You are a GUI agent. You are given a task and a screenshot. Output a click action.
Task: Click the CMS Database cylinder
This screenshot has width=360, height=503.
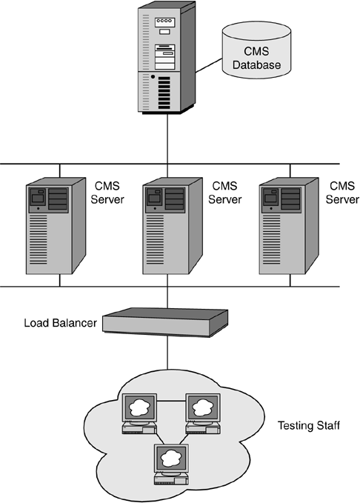click(x=256, y=50)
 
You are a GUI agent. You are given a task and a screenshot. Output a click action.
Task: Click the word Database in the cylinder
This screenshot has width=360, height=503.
click(x=257, y=64)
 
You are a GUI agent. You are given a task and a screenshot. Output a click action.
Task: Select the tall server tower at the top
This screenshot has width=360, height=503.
click(x=167, y=58)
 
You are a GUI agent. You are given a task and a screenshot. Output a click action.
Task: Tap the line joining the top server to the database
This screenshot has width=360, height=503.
click(x=209, y=65)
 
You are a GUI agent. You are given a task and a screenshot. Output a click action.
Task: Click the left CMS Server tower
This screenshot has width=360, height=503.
click(x=56, y=226)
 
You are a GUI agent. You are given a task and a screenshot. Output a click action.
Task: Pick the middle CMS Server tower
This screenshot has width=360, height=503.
click(x=173, y=226)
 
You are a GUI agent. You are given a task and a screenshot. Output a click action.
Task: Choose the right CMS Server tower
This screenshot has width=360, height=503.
click(x=289, y=226)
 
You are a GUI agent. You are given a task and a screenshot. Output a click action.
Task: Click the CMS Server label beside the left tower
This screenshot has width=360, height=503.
click(x=107, y=193)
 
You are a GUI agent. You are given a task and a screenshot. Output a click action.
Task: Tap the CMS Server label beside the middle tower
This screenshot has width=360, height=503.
click(x=224, y=193)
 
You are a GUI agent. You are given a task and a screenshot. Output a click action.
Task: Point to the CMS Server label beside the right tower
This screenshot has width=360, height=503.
click(x=342, y=193)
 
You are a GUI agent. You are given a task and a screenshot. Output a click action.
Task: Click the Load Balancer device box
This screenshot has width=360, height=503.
click(x=165, y=322)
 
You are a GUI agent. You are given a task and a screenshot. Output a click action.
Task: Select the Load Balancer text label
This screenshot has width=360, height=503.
click(x=60, y=323)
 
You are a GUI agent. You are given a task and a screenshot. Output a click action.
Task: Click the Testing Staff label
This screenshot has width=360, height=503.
click(x=308, y=426)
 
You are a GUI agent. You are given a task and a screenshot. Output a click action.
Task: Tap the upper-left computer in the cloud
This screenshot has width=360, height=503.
click(x=139, y=414)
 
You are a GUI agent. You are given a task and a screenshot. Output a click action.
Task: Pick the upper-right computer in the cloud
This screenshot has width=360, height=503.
click(x=203, y=414)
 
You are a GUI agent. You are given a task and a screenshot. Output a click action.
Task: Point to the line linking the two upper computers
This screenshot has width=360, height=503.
click(x=171, y=400)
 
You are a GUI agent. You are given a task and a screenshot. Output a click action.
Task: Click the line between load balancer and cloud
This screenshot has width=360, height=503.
click(x=167, y=353)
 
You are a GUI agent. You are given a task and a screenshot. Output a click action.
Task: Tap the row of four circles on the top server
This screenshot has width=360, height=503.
click(x=164, y=21)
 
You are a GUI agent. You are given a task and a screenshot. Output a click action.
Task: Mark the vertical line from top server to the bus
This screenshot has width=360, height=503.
click(x=167, y=139)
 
